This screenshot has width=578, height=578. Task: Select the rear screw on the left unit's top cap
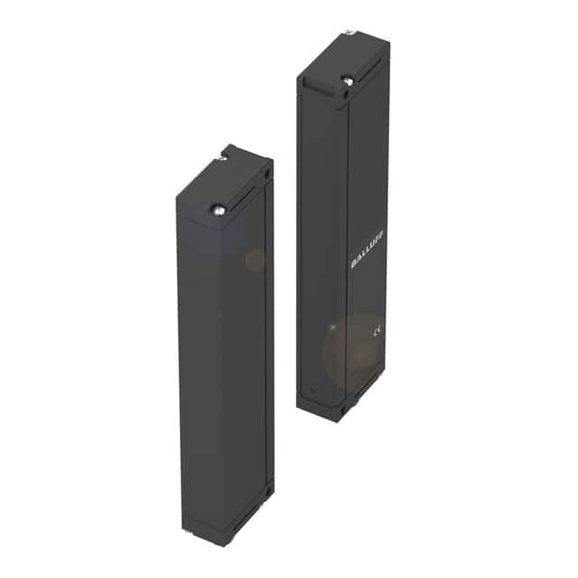[x=222, y=159]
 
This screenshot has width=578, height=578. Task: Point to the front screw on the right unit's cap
[x=348, y=81]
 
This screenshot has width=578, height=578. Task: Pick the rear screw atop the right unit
[x=349, y=34]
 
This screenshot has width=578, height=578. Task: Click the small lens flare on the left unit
[x=256, y=260]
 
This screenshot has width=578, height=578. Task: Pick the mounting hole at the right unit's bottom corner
[x=343, y=407]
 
